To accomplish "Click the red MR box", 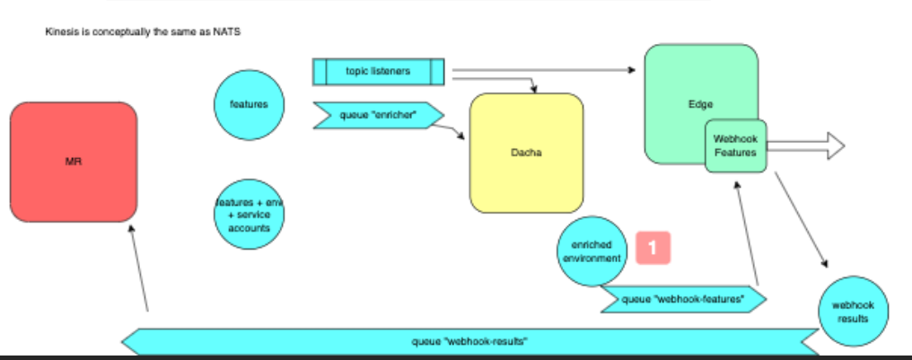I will (74, 162).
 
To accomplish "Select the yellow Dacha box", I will (526, 153).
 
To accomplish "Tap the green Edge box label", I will (700, 104).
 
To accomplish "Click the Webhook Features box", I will (735, 145).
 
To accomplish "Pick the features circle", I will (249, 105).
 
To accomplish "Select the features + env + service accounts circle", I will (249, 215).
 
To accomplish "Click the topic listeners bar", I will (378, 72).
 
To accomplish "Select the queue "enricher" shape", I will (378, 115).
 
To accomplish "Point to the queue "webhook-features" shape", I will (683, 299).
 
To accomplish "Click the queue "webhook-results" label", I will (469, 341).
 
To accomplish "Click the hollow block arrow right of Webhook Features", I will (808, 145).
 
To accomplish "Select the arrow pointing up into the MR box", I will (139, 269).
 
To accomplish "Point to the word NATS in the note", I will (229, 32).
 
